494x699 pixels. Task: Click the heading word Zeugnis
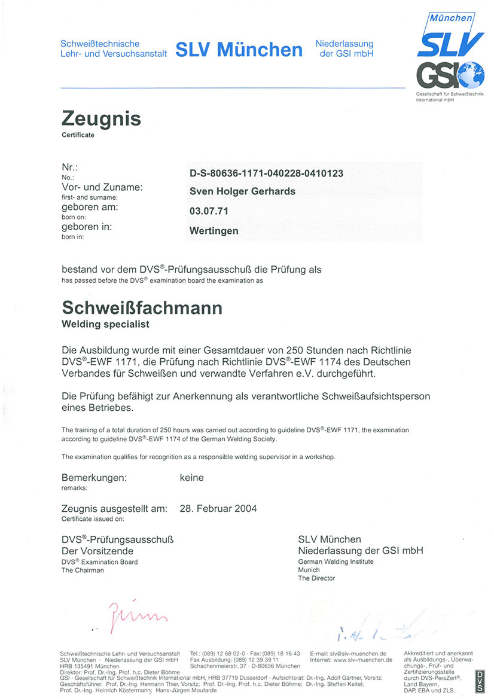(101, 118)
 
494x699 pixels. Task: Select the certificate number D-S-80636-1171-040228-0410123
(266, 173)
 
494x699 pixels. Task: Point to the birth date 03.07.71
(209, 210)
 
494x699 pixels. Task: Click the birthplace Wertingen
(214, 230)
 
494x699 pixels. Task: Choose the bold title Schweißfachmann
(142, 309)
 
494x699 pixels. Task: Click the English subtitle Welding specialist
(105, 325)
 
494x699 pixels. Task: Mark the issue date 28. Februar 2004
(218, 509)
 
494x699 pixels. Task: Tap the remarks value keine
(191, 478)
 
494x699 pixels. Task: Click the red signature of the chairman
(138, 613)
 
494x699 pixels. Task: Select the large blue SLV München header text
(239, 50)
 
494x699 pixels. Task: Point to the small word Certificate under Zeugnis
(78, 135)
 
